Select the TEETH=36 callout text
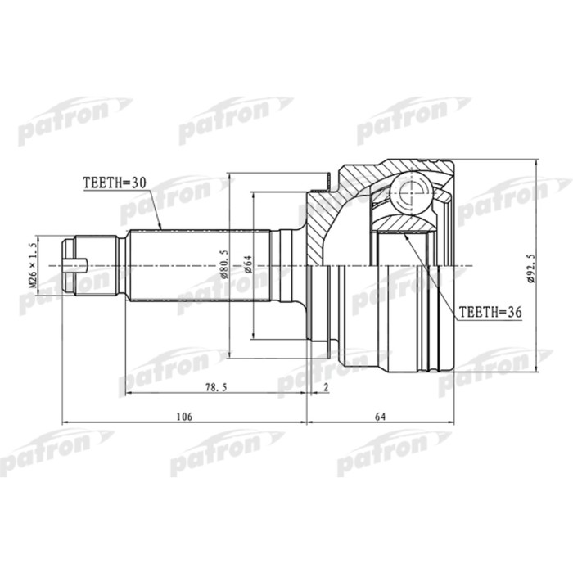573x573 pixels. point(490,312)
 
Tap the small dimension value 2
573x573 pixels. point(326,387)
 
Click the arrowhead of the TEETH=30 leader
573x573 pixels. point(160,227)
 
